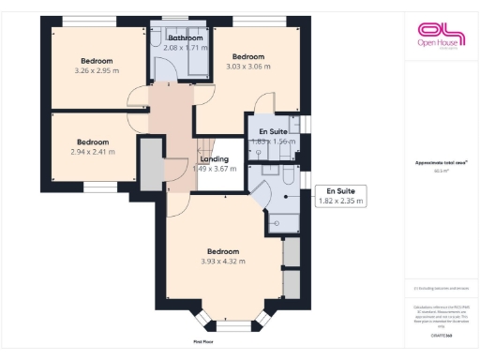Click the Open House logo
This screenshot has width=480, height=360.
click(441, 37)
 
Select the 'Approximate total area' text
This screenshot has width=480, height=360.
click(441, 162)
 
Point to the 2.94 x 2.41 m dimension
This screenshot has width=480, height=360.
click(93, 151)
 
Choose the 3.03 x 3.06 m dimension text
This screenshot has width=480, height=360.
click(248, 66)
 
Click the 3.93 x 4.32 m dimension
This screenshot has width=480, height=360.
click(222, 262)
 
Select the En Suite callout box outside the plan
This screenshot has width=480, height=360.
click(341, 195)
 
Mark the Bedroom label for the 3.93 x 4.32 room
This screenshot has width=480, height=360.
click(222, 251)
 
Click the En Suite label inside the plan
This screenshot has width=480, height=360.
click(273, 131)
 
